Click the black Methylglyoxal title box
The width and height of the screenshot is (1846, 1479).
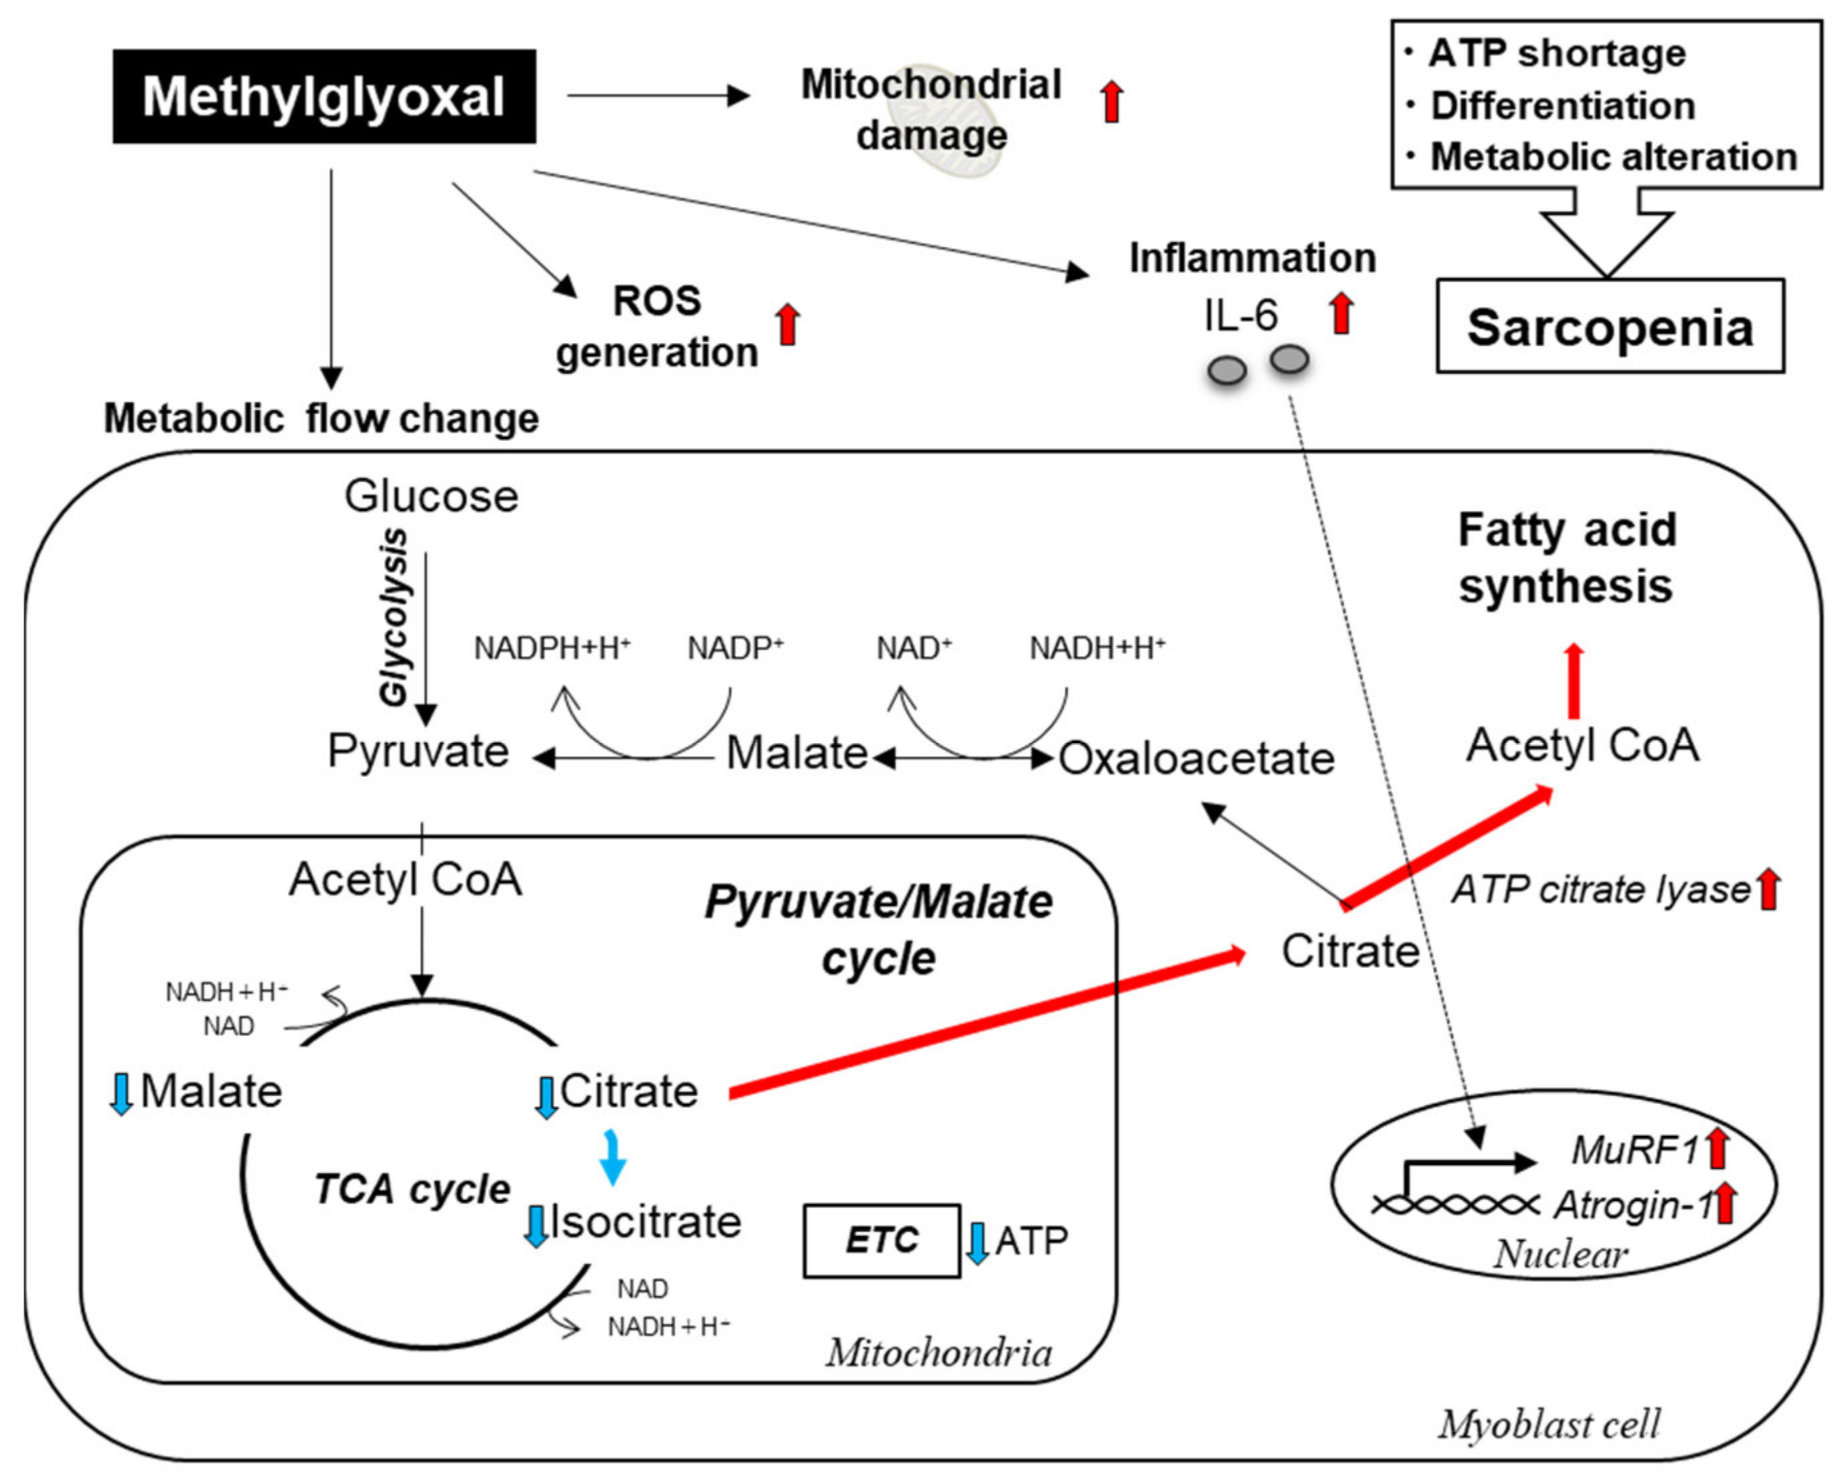coord(324,96)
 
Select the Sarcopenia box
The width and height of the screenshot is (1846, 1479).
coord(1609,327)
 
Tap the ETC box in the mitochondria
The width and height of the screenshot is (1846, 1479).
coord(881,1240)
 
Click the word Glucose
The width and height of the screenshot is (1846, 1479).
coord(430,496)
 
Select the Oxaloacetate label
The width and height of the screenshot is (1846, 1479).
coord(1196,759)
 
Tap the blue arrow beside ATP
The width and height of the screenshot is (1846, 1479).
coord(977,1244)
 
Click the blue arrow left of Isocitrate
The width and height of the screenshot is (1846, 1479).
coord(536,1225)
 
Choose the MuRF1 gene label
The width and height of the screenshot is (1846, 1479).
coord(1634,1149)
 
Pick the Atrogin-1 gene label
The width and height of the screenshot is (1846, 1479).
coord(1631,1204)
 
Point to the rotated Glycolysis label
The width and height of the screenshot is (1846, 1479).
coord(394,617)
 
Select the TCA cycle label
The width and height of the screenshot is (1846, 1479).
coord(412,1189)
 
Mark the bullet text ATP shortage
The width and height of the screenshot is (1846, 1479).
coord(1556,53)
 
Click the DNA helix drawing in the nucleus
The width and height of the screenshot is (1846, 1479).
coord(1455,1204)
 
